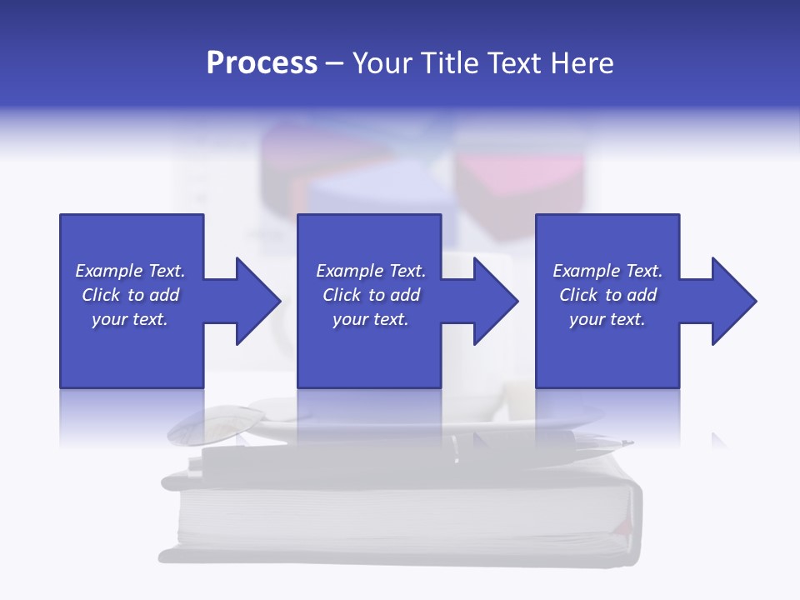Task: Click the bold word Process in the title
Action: click(262, 63)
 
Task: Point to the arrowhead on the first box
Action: click(255, 301)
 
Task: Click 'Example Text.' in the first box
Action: click(130, 271)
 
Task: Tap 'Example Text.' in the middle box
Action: click(371, 271)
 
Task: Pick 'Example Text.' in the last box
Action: click(607, 271)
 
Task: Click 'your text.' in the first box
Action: click(130, 320)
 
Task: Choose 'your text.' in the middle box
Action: click(371, 320)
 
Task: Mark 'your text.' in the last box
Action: click(607, 320)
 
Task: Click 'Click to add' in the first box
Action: click(130, 295)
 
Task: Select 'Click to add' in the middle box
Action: click(371, 295)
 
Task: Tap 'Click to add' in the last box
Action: click(607, 295)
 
